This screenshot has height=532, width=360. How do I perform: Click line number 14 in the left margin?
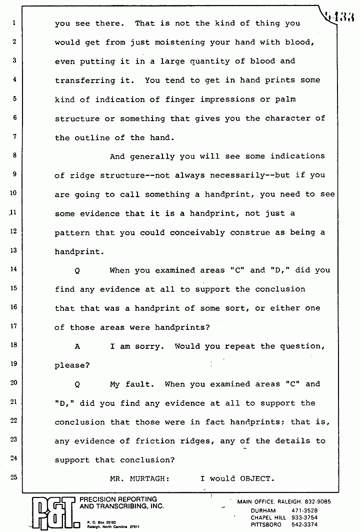14,269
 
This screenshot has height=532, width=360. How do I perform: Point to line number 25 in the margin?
14,477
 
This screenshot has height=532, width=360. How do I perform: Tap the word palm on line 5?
285,99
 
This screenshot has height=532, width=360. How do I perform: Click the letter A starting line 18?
77,346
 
